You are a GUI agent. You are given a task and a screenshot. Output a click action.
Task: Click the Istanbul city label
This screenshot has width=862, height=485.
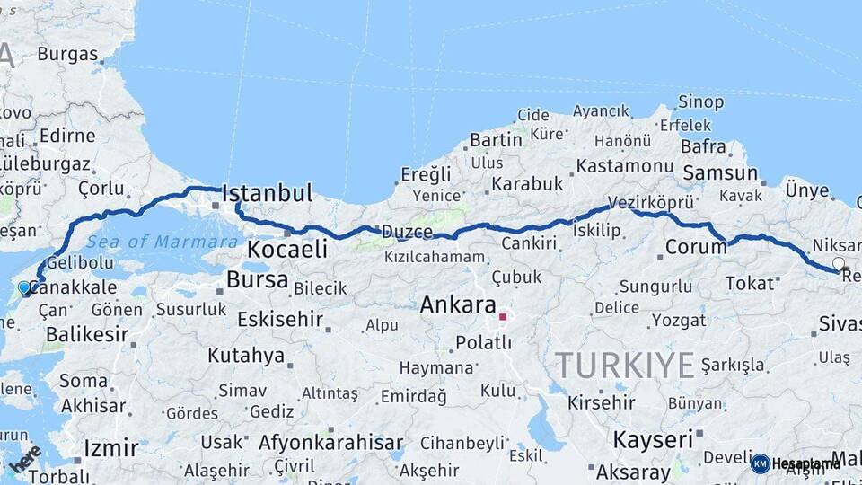click(x=267, y=193)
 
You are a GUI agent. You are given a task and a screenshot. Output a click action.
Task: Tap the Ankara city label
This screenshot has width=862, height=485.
click(x=458, y=304)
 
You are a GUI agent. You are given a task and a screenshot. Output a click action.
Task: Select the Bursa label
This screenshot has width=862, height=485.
click(x=257, y=279)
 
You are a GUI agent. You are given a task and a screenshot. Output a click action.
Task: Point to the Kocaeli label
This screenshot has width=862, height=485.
click(x=287, y=249)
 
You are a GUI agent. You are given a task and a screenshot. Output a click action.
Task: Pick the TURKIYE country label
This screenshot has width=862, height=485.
click(x=624, y=365)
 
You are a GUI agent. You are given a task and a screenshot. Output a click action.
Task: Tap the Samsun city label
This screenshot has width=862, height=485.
click(x=720, y=172)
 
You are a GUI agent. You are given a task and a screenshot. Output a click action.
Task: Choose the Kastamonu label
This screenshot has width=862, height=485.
click(x=625, y=166)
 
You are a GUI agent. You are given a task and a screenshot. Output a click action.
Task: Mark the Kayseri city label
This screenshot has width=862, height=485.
click(x=653, y=439)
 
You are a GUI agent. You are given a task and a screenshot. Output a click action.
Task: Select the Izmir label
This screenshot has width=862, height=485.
click(x=110, y=447)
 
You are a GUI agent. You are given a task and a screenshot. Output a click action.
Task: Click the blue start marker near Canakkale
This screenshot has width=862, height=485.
click(x=24, y=287)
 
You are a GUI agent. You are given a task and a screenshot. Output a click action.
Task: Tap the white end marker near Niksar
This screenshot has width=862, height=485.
click(x=839, y=263)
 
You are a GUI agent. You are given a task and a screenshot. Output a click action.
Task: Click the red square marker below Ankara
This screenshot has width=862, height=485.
click(x=503, y=316)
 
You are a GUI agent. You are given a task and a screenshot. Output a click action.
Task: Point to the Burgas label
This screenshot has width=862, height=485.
click(x=67, y=54)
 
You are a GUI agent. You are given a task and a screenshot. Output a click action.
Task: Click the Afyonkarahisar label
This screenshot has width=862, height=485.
click(x=330, y=443)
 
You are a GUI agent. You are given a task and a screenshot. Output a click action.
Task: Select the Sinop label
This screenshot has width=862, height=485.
click(x=700, y=102)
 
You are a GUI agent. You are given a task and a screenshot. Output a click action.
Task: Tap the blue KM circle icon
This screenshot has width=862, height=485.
click(x=760, y=463)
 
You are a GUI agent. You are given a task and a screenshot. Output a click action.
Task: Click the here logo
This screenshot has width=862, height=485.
click(x=24, y=459)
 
